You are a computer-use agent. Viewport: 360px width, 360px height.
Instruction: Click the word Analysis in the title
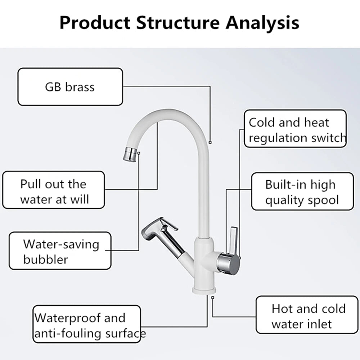[x=262, y=22]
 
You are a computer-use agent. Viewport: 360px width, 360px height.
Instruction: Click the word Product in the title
[x=95, y=22]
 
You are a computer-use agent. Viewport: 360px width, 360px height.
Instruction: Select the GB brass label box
[x=70, y=87]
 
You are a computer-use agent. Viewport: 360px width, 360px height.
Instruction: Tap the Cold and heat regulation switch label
[x=295, y=129]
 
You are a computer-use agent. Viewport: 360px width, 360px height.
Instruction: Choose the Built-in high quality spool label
[x=302, y=192]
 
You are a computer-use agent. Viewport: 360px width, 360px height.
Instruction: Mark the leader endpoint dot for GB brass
[x=210, y=142]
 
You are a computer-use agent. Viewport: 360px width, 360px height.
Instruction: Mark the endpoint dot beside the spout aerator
[x=139, y=153]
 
